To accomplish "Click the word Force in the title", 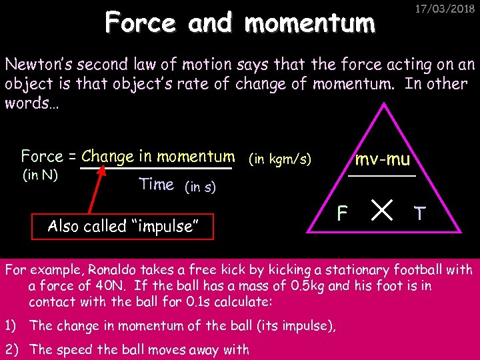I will (x=141, y=23).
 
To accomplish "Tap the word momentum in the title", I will (x=310, y=24).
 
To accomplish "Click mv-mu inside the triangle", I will (x=383, y=159).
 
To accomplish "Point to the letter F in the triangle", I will (x=342, y=213).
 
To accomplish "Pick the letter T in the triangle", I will (x=419, y=213).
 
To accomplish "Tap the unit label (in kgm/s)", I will (x=279, y=160).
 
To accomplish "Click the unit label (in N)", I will (x=41, y=176).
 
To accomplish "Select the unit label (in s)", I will (x=199, y=187).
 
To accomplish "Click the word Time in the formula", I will (x=157, y=185).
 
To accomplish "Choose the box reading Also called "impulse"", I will (x=124, y=226).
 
